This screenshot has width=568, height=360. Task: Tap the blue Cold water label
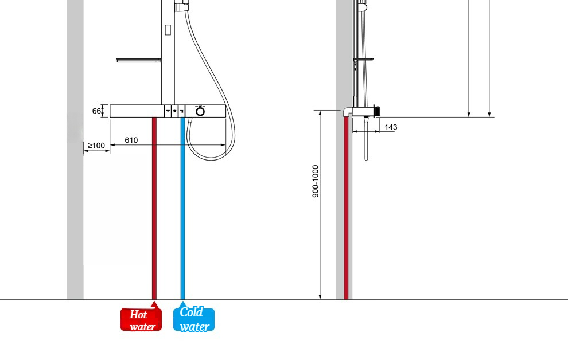(x=194, y=319)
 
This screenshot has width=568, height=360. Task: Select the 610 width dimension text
(x=131, y=140)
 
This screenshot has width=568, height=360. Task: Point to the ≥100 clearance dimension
(x=96, y=146)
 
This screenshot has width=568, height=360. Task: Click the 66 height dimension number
(x=96, y=111)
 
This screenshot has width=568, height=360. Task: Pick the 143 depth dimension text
(x=391, y=127)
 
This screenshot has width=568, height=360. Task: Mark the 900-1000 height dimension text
(x=316, y=181)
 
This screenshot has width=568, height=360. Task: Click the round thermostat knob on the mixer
(x=200, y=111)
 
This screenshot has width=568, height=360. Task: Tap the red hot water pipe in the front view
(x=154, y=209)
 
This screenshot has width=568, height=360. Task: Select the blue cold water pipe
(x=183, y=209)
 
